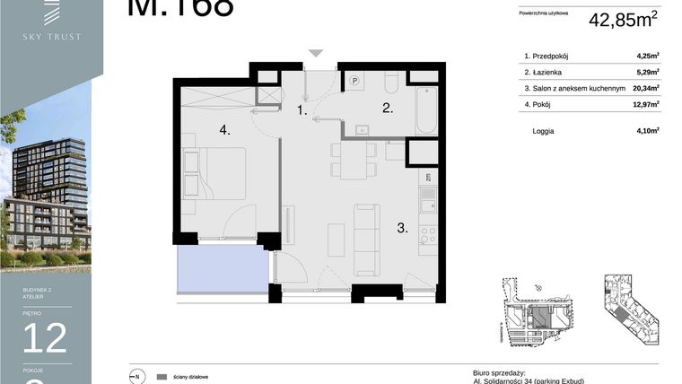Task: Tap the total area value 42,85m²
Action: click(x=624, y=19)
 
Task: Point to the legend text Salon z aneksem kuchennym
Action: click(x=573, y=88)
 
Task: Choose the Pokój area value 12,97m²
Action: click(x=645, y=104)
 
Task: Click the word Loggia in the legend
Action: click(x=543, y=131)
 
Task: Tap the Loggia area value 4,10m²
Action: click(x=647, y=131)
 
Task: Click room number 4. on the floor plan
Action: click(x=224, y=130)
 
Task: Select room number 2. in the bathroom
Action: click(x=388, y=109)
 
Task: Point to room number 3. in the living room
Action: click(x=403, y=229)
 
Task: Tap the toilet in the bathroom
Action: click(x=391, y=83)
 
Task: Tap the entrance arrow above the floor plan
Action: click(x=315, y=54)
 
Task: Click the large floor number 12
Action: click(x=45, y=337)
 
